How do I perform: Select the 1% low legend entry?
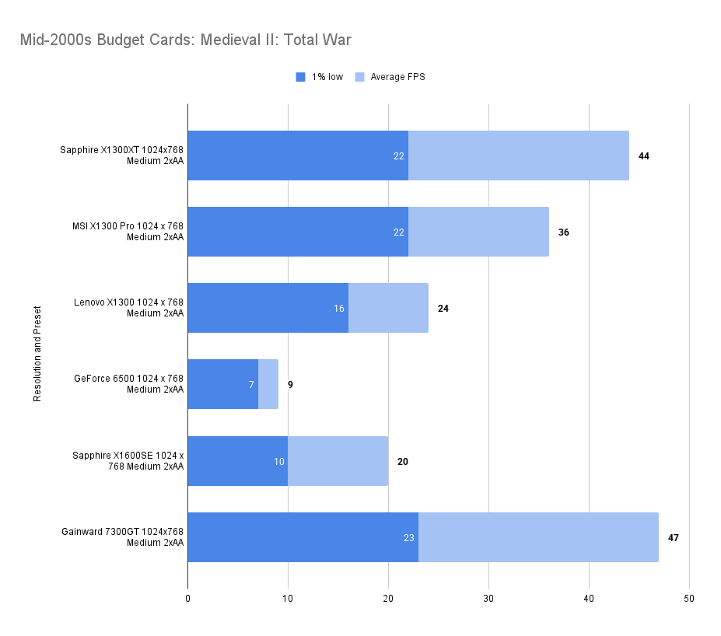[320, 77]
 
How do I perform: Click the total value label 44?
[643, 156]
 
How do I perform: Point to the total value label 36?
[563, 232]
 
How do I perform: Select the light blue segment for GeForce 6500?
[268, 384]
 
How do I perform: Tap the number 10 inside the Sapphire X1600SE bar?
[278, 462]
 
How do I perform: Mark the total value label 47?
[673, 538]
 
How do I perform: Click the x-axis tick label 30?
[488, 599]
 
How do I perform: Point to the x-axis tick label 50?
[689, 599]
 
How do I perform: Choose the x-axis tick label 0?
[187, 599]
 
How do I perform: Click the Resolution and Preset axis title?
[37, 354]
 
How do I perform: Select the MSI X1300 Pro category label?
[128, 232]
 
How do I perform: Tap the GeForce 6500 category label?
[128, 384]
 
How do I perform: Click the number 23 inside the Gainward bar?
[409, 538]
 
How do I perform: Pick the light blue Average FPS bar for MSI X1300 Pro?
[478, 232]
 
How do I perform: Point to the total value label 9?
[290, 385]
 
